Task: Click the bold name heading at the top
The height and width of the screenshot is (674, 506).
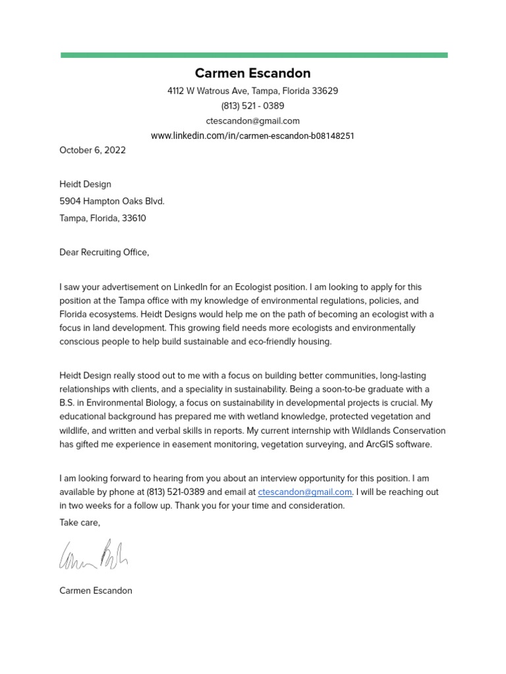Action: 252,73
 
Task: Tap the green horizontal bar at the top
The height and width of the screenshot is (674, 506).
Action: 254,55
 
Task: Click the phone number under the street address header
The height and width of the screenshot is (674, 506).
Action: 252,106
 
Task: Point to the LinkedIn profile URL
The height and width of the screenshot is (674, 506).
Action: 252,136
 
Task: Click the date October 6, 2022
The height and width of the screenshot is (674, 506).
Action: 92,150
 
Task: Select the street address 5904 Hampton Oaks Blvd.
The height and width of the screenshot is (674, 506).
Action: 112,201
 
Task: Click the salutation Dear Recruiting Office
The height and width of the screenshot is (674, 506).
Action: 104,252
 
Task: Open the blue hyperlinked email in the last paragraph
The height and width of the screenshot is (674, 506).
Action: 305,492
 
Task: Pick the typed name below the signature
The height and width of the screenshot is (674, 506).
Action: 96,590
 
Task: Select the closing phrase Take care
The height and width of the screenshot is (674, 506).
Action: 80,522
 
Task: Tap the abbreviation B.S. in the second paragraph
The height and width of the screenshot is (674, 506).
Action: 69,403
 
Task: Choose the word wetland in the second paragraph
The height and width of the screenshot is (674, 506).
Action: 236,417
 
